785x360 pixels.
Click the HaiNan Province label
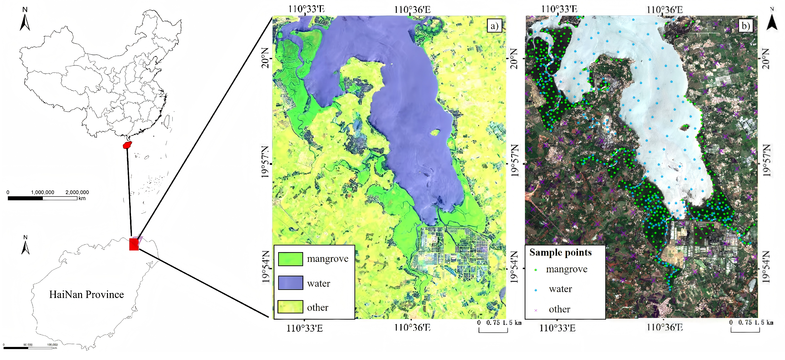[x=87, y=294]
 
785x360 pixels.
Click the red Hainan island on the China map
[x=127, y=145]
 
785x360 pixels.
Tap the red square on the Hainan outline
[x=134, y=244]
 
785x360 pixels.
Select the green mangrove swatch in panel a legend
[x=291, y=259]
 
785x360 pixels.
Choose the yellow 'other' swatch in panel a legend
[x=291, y=307]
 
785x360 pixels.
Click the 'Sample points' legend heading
[x=560, y=253]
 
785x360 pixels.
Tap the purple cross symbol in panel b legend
[x=536, y=310]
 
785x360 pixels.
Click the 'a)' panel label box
[x=494, y=26]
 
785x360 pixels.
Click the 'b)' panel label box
[x=745, y=26]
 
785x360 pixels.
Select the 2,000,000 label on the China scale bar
[x=77, y=192]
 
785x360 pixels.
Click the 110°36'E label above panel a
[x=412, y=10]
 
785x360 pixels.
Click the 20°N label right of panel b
[x=766, y=58]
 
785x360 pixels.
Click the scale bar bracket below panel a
[x=493, y=331]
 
